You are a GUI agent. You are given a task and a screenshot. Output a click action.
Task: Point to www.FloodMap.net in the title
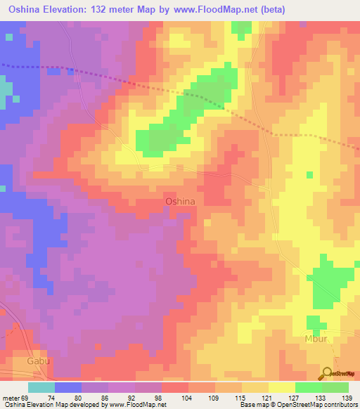(234, 9)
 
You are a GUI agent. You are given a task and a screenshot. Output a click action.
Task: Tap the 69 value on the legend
(27, 398)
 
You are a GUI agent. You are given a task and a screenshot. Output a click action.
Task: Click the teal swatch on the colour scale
(41, 387)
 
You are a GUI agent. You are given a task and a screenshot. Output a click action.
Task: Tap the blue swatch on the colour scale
(67, 387)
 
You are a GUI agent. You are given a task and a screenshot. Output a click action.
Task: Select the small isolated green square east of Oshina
(309, 174)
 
